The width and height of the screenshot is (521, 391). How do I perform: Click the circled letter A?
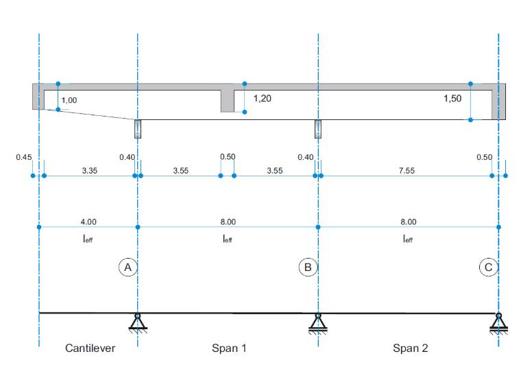128,267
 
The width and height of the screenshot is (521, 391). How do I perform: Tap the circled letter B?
308,267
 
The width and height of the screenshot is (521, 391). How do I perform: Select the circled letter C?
488,267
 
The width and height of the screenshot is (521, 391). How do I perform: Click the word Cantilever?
90,348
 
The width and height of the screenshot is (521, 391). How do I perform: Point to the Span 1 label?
229,348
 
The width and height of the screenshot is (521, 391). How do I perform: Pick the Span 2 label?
411,348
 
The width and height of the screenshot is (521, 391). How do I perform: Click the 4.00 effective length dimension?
88,222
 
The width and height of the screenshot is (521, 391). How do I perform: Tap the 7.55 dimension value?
407,171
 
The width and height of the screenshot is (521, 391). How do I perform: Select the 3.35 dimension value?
90,171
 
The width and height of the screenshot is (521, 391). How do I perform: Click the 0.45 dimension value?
24,157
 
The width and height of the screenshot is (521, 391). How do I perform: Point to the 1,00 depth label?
69,100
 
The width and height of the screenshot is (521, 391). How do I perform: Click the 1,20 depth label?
262,98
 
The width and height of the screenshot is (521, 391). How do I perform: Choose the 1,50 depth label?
452,98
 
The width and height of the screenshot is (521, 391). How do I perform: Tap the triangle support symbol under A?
138,322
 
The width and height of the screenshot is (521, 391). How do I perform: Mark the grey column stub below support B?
318,129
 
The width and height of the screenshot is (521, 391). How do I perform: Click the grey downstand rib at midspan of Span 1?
228,101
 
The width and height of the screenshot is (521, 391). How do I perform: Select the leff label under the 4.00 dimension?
88,239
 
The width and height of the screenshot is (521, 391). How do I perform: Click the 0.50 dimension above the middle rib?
228,156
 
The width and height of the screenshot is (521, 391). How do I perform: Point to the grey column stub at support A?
138,129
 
